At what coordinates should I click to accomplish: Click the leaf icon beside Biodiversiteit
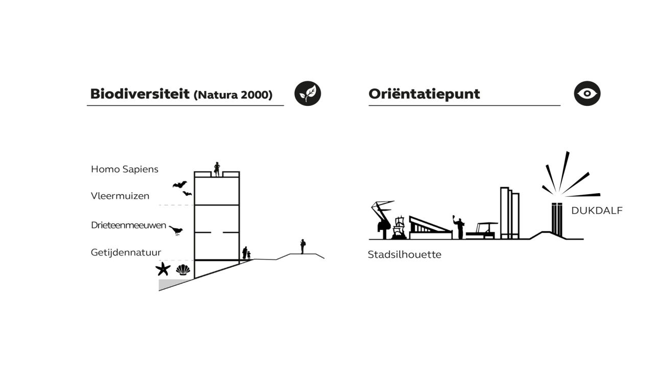click(x=308, y=94)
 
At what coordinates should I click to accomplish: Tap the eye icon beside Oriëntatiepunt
click(x=587, y=94)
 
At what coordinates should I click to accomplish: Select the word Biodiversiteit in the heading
click(x=140, y=94)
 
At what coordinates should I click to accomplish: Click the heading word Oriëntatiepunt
click(x=424, y=94)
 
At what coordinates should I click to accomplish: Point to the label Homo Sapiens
click(x=125, y=169)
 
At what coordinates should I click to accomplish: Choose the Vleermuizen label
click(x=120, y=196)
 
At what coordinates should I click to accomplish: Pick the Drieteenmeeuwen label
click(x=128, y=225)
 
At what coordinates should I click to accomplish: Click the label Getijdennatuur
click(x=126, y=252)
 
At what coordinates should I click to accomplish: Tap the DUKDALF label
click(x=597, y=211)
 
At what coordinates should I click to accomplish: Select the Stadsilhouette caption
click(x=404, y=255)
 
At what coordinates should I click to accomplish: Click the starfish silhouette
click(x=163, y=269)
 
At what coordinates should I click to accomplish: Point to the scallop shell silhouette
click(x=183, y=269)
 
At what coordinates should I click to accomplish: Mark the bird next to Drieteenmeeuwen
click(x=176, y=231)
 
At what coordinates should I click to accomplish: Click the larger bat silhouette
click(x=179, y=185)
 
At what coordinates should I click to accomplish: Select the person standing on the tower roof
click(x=217, y=169)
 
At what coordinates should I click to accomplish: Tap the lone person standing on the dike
click(x=303, y=246)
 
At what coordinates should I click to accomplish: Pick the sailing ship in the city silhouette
click(x=399, y=227)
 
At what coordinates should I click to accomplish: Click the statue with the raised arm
click(x=459, y=227)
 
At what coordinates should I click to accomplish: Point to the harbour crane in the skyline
click(x=382, y=220)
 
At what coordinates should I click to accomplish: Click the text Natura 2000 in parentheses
click(x=233, y=95)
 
